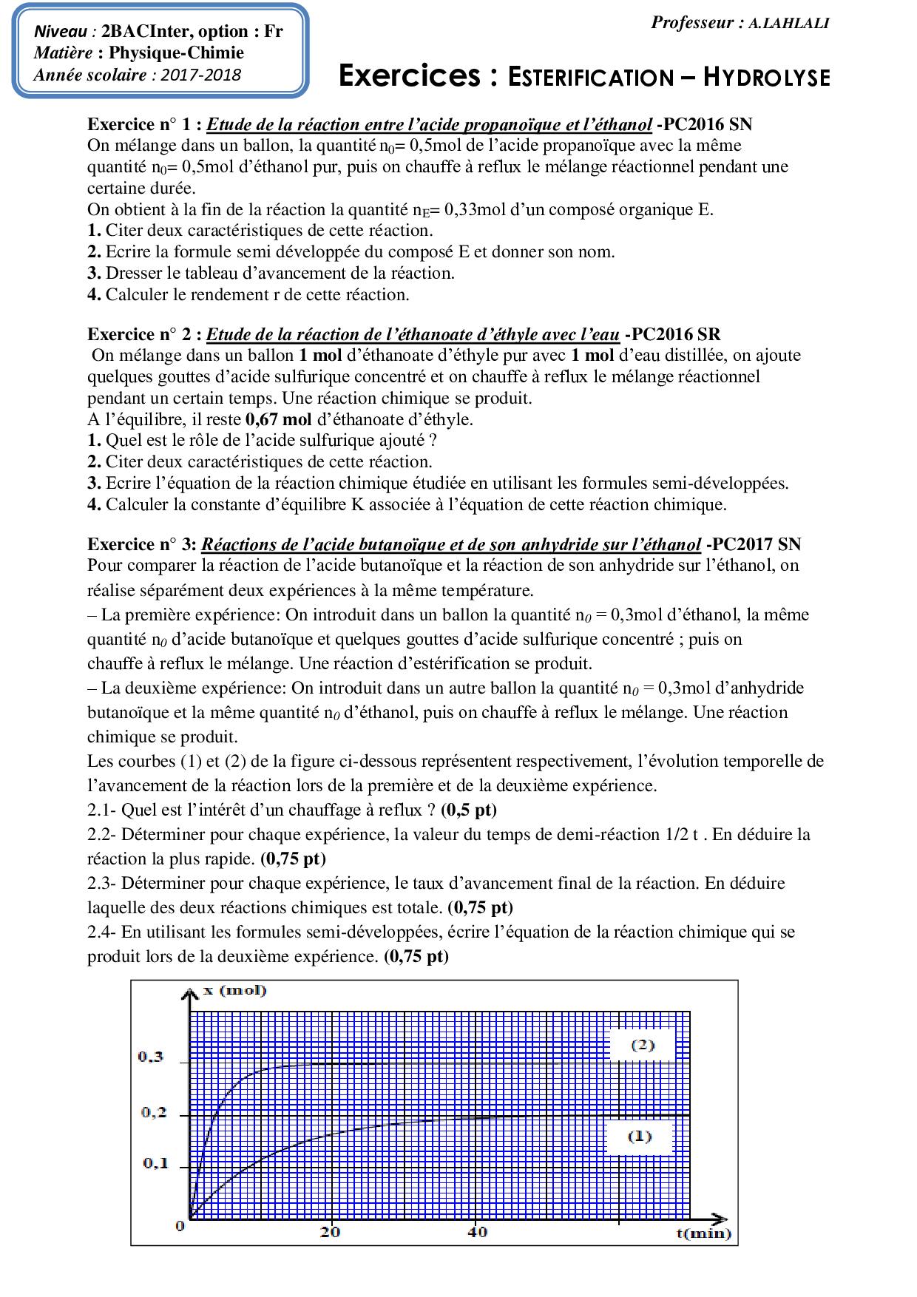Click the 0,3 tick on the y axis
click(x=151, y=1057)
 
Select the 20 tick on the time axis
click(x=331, y=1232)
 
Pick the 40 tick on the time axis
click(x=478, y=1232)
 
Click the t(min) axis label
click(x=703, y=1233)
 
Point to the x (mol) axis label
click(x=234, y=991)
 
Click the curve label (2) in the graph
click(x=642, y=1045)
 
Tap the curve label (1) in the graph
click(x=640, y=1136)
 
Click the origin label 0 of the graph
click(x=180, y=1226)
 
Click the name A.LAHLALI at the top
click(x=788, y=23)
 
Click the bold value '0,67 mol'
click(x=277, y=419)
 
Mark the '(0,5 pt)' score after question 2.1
click(x=469, y=810)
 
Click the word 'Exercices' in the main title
click(x=409, y=77)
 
